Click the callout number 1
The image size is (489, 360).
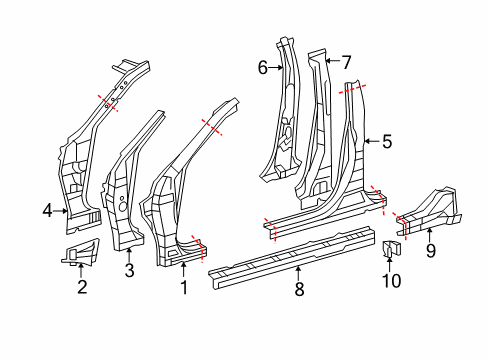click(183, 289)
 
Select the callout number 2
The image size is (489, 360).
click(82, 288)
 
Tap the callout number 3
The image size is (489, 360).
click(128, 270)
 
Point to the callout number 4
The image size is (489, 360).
click(47, 210)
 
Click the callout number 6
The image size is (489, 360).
click(263, 67)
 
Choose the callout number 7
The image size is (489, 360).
click(346, 61)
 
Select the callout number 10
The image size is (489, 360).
click(392, 281)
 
